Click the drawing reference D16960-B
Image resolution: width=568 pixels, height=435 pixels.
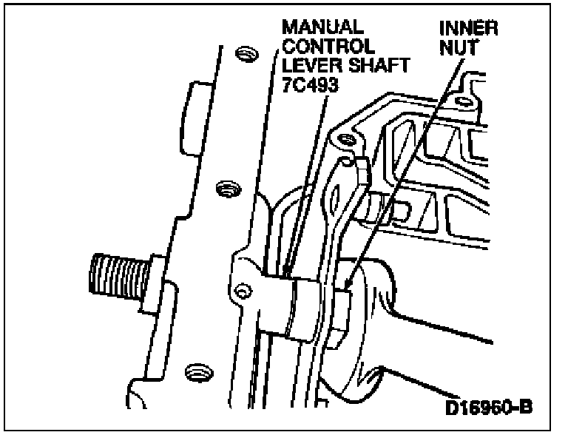[x=496, y=406]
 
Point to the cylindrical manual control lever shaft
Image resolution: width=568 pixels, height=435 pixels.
[x=299, y=306]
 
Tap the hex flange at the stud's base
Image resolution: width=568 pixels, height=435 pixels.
[x=156, y=279]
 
